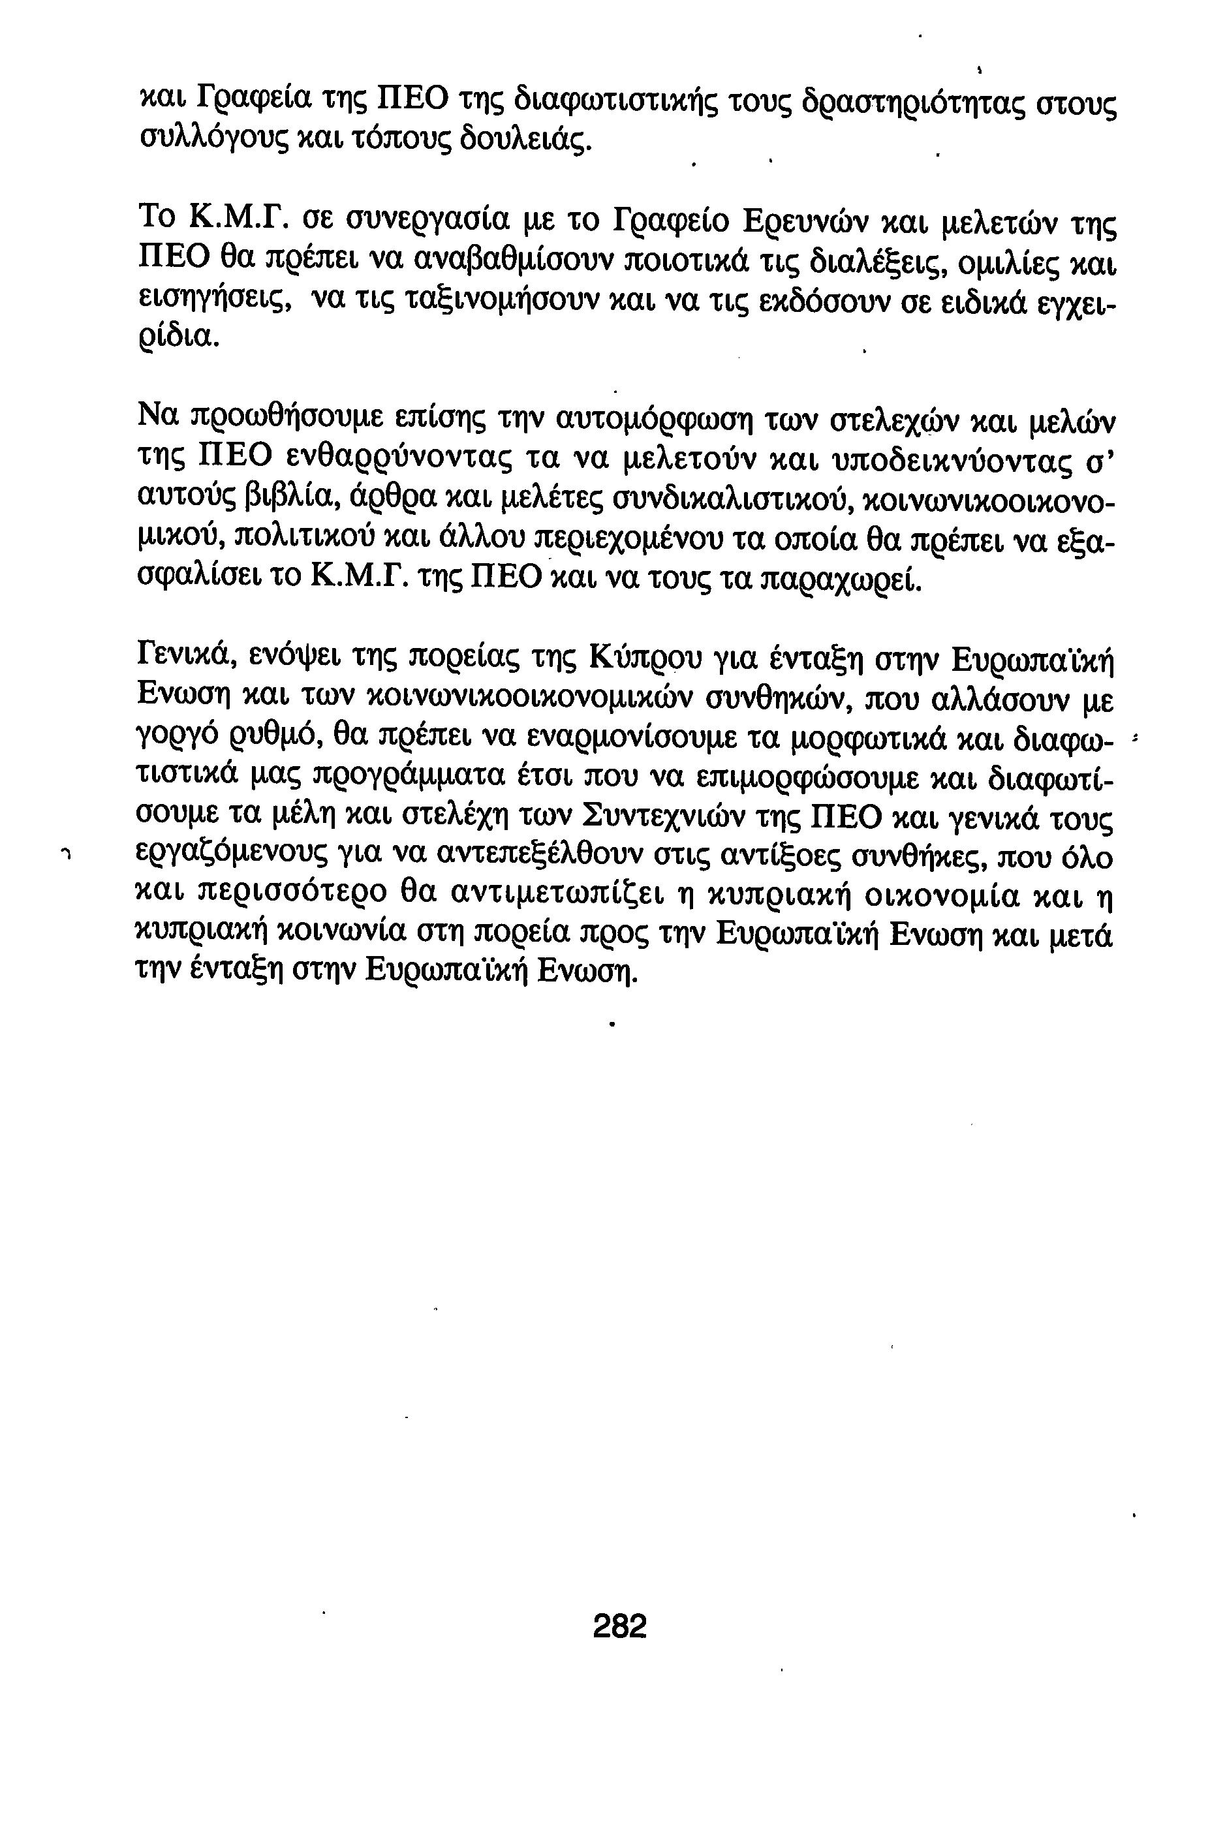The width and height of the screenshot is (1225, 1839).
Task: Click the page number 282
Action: (x=619, y=1626)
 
